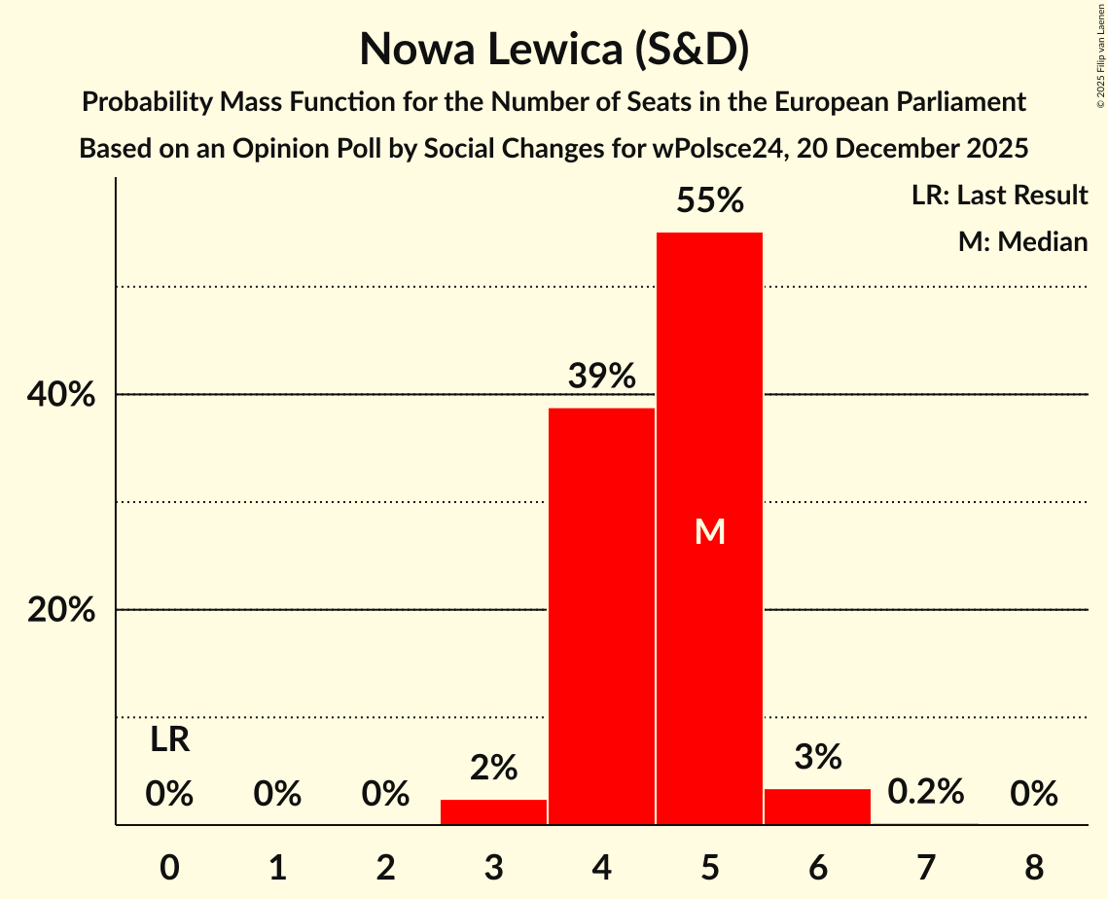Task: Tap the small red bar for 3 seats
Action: tap(493, 812)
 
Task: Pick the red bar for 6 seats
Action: tap(817, 807)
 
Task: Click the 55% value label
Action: tap(709, 201)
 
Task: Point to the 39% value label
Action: tap(601, 376)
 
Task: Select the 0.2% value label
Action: tap(925, 792)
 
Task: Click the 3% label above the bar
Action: tap(817, 757)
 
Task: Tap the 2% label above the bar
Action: tap(493, 768)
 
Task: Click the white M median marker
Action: tap(710, 531)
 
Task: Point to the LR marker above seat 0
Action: tap(169, 740)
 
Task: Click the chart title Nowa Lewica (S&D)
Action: tap(554, 49)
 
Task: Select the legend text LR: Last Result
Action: tap(999, 196)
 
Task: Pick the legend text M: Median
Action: tap(1022, 241)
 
